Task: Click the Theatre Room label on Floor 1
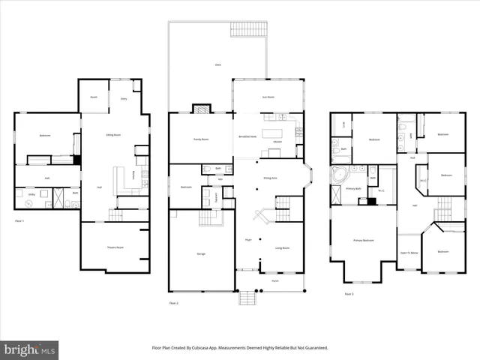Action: tap(115, 247)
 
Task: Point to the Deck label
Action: tap(218, 66)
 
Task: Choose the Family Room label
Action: tap(199, 139)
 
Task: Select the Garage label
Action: tap(201, 254)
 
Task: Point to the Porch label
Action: tap(274, 282)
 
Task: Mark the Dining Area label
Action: tap(271, 178)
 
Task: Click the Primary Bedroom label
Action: tap(363, 240)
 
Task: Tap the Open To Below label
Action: tap(409, 253)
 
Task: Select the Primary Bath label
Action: tap(354, 188)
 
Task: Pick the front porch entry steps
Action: tap(247, 298)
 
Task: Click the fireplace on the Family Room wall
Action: tap(202, 109)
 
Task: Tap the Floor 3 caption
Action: tap(349, 294)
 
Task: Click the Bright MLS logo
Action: tap(31, 349)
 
